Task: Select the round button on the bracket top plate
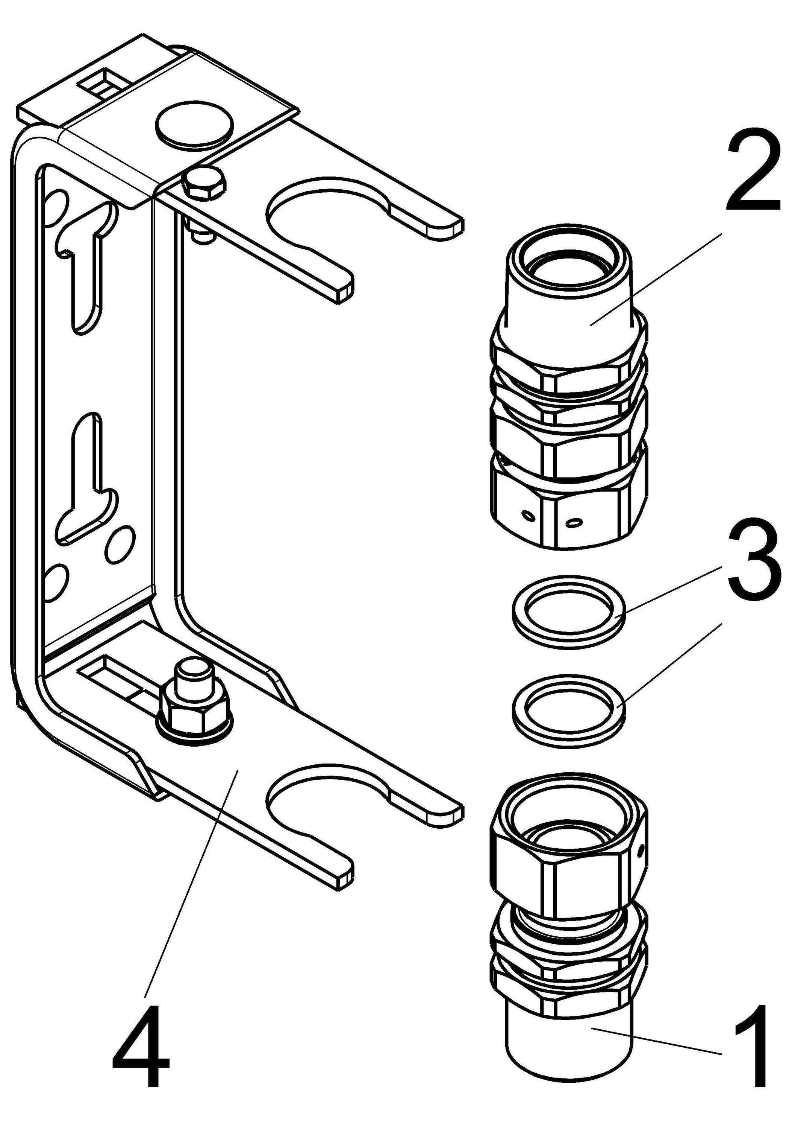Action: [194, 126]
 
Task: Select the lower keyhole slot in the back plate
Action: [88, 472]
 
